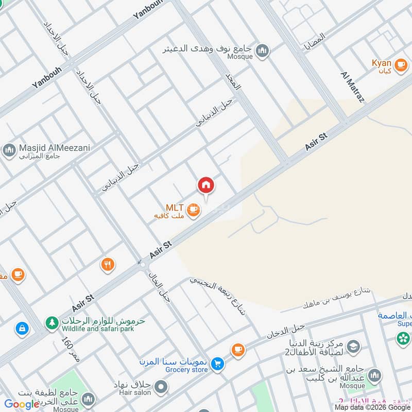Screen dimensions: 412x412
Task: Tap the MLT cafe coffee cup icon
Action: coord(193,210)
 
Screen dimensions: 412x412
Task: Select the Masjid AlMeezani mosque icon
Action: coord(9,150)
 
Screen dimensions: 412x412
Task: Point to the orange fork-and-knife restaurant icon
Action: coord(108,265)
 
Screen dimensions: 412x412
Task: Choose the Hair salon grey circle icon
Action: coord(161,386)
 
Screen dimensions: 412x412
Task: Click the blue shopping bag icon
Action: coord(22,328)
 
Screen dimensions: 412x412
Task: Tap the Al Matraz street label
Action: coord(352,88)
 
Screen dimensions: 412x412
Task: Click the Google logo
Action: coord(22,404)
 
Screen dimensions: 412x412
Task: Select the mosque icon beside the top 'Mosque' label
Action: coord(263,51)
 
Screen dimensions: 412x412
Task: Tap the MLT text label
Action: coord(175,207)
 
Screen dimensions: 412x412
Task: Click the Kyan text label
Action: coord(382,63)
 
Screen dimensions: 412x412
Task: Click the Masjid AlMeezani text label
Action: coord(55,148)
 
